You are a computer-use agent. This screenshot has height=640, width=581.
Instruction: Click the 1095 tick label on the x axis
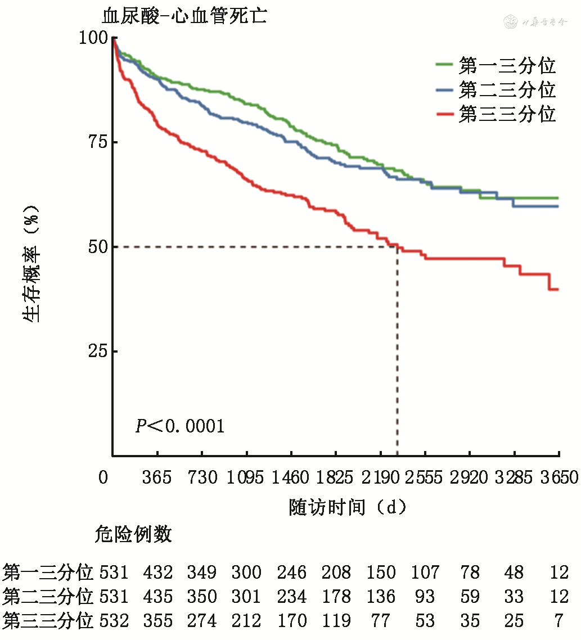[246, 478]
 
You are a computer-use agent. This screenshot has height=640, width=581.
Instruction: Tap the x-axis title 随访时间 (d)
[347, 507]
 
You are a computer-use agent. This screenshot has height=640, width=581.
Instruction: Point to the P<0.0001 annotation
[180, 426]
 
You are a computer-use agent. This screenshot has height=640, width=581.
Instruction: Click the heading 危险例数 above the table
[133, 535]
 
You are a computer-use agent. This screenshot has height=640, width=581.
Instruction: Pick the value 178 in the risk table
[336, 597]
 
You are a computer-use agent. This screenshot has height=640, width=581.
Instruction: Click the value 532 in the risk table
[114, 621]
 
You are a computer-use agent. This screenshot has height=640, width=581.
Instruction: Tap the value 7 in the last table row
[559, 621]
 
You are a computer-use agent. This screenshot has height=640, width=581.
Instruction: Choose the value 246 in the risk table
[291, 573]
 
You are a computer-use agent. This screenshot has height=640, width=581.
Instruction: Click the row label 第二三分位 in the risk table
[48, 597]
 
